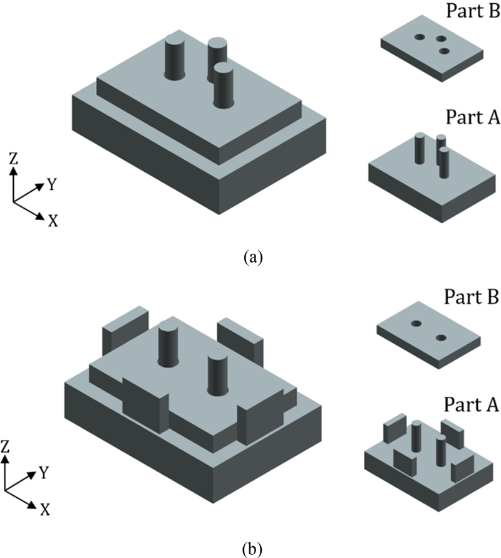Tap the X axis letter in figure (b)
45,510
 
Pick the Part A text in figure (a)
472,117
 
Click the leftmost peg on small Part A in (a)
420,149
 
